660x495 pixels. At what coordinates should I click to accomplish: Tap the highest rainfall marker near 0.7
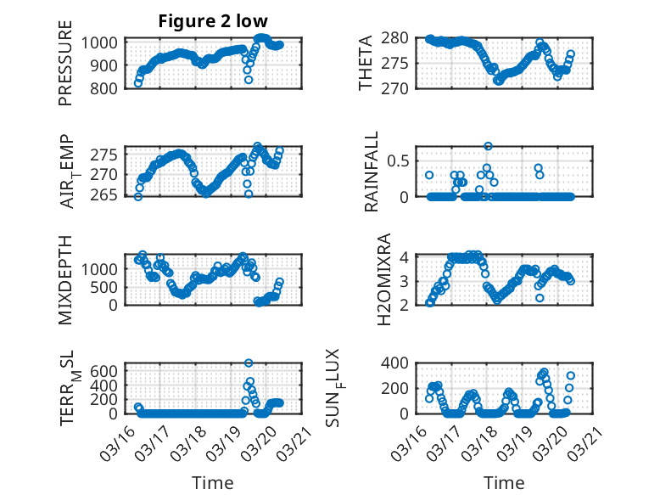(x=488, y=146)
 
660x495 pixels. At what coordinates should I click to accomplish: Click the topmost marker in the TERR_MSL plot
(x=249, y=363)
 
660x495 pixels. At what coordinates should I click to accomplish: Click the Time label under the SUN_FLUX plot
(x=504, y=482)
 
